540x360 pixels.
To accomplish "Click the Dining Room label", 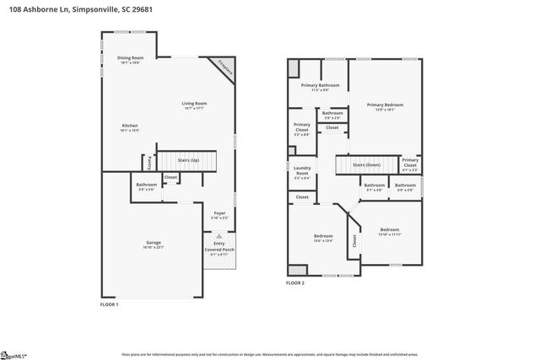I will click(x=131, y=59).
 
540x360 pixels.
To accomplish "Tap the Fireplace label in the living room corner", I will click(x=224, y=70).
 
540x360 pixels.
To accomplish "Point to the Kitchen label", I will click(x=130, y=127).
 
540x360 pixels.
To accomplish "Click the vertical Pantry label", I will click(x=150, y=160).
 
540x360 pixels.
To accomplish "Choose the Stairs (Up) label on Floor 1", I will click(x=187, y=159).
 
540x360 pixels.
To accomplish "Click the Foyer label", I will click(x=219, y=215).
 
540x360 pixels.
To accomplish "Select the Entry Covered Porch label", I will click(x=219, y=247).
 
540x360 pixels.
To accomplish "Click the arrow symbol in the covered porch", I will click(x=219, y=236).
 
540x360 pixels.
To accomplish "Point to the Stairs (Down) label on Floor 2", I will click(x=366, y=164).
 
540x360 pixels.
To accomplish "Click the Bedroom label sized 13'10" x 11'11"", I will click(x=389, y=231).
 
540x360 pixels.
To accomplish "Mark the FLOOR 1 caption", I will click(x=109, y=304).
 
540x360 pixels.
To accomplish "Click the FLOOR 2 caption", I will click(x=294, y=284).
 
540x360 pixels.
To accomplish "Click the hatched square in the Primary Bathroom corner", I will click(x=294, y=67).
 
